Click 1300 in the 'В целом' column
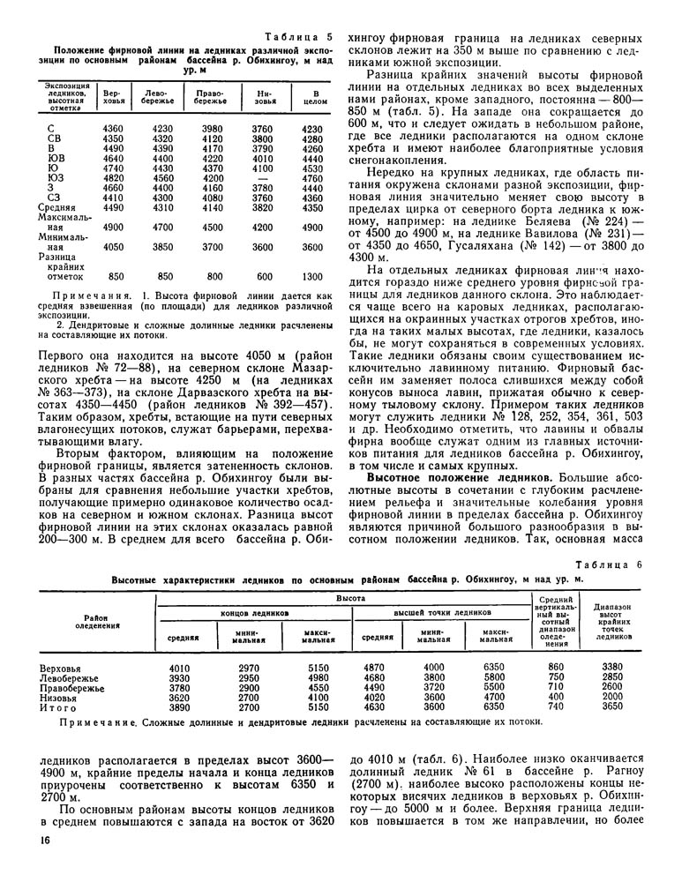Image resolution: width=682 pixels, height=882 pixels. coord(310,276)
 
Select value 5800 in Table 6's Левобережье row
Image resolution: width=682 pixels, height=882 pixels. coord(491,677)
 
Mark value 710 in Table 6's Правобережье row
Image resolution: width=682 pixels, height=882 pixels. coord(555,687)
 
